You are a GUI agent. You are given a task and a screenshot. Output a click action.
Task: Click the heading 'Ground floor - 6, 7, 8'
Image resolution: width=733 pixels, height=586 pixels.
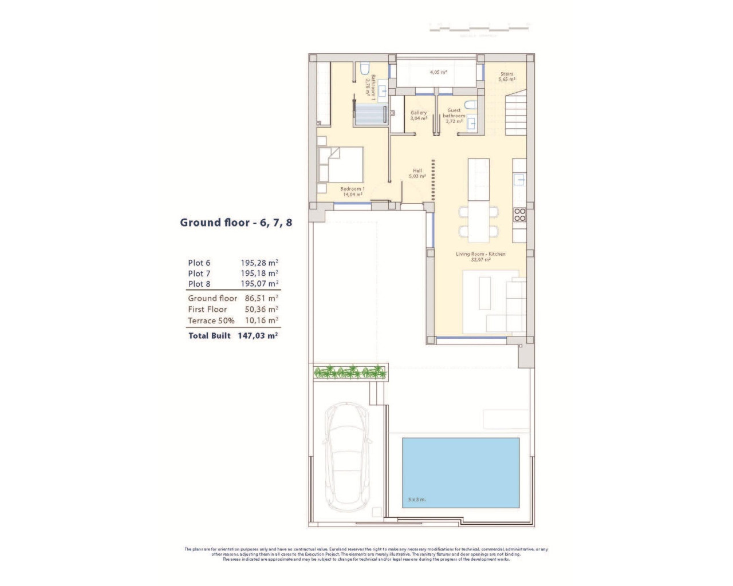236,223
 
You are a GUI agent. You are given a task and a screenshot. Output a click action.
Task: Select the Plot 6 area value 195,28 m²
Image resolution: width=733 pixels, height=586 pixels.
259,263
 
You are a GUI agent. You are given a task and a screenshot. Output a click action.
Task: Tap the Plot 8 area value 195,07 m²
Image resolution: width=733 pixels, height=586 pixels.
259,283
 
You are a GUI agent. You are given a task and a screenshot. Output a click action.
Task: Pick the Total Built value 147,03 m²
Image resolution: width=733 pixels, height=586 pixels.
257,335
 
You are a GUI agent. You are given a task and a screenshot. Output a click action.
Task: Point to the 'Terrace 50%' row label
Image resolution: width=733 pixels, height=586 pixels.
211,320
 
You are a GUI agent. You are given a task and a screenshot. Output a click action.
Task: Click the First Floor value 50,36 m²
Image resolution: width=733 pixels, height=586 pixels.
261,309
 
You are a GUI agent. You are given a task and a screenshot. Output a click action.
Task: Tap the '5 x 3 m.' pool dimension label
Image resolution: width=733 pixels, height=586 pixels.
416,500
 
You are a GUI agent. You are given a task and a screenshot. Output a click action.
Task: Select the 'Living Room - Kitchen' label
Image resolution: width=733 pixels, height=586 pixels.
480,254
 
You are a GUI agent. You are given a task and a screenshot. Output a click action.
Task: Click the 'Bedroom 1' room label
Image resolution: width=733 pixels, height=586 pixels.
352,189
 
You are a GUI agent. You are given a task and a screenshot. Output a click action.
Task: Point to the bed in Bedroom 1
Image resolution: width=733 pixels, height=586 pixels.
341,164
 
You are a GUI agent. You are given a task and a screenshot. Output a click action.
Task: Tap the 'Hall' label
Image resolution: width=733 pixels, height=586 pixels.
417,171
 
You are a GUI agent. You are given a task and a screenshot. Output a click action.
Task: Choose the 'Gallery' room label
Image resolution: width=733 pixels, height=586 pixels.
419,113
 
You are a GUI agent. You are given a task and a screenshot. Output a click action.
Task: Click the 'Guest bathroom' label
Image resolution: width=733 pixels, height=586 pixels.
454,113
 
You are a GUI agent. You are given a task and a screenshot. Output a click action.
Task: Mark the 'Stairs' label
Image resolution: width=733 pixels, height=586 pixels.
507,74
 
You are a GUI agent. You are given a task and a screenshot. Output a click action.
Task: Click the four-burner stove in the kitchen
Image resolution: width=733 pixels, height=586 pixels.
519,215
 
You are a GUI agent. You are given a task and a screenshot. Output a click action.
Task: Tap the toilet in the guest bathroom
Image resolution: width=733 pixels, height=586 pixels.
470,105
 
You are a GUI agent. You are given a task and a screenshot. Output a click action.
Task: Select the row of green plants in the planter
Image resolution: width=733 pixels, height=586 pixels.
350,372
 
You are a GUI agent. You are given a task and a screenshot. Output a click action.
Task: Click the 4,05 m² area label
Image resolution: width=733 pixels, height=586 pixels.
438,72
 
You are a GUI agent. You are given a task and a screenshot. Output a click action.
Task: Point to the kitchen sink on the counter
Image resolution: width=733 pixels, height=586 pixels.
519,179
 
